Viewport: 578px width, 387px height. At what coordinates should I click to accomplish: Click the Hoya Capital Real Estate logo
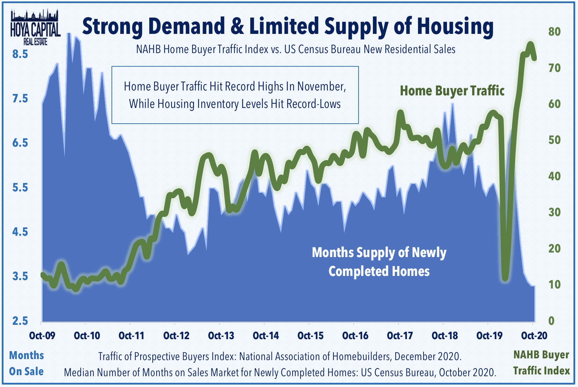[35, 27]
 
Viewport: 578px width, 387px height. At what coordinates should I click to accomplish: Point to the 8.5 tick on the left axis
[20, 54]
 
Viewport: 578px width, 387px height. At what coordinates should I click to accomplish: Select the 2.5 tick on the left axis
[20, 321]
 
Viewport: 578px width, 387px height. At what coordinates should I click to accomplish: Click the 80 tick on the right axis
[555, 32]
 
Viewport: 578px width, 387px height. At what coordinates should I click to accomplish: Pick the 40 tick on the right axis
[555, 176]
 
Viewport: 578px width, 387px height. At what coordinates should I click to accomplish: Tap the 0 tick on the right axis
[551, 321]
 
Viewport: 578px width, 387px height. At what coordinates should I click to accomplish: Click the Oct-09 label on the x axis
[42, 336]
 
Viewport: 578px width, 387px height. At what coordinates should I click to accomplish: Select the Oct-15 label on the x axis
[310, 336]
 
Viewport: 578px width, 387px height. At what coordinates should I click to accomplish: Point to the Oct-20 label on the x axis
[534, 336]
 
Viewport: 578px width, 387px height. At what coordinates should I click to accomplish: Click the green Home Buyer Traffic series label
[452, 91]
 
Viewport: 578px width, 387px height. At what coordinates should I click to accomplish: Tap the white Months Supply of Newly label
[379, 253]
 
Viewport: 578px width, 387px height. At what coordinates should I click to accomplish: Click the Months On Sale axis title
[26, 364]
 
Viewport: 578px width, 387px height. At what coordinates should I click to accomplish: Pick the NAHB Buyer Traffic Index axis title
[541, 363]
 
